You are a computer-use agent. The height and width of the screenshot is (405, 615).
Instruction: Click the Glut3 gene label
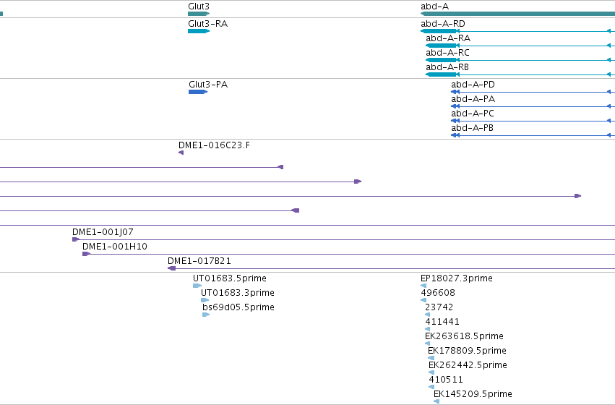199,7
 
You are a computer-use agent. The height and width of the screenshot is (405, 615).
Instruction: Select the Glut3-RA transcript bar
199,31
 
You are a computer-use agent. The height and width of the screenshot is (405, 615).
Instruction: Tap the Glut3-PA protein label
208,85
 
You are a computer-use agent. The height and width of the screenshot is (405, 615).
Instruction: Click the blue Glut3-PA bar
198,92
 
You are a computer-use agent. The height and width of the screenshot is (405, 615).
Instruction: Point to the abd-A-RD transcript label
443,24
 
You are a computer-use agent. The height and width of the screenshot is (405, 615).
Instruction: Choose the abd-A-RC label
447,53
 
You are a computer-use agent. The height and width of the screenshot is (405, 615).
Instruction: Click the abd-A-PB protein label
472,128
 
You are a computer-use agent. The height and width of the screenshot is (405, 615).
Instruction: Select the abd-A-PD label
473,85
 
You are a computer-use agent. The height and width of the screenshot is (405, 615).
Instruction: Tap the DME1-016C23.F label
214,145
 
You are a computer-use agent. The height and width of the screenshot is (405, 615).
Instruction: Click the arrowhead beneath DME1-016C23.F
181,153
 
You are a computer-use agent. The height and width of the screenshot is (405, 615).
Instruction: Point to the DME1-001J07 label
103,232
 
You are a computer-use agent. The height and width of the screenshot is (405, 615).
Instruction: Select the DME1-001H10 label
114,247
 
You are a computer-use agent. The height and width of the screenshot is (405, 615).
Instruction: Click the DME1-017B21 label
199,261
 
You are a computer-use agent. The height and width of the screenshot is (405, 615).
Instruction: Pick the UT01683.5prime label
229,278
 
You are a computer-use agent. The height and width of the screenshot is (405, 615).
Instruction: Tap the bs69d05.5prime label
238,307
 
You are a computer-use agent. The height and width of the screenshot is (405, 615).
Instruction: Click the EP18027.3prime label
457,278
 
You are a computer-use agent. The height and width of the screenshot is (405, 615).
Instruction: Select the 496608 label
438,293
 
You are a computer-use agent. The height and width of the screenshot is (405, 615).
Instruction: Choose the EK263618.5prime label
464,336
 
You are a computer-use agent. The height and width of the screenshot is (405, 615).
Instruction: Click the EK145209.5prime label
473,394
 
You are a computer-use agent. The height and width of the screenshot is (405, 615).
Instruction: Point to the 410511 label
446,380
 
